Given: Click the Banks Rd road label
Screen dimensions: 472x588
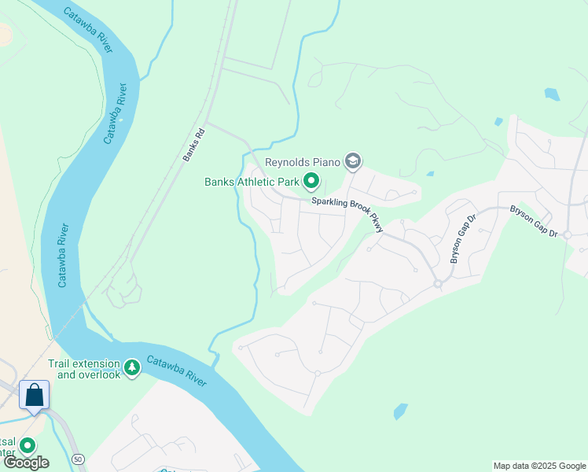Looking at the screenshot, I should coord(193,145).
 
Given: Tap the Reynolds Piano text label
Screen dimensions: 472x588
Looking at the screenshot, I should coord(303,162).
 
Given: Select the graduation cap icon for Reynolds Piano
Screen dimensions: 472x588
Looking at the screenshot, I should coord(353,162).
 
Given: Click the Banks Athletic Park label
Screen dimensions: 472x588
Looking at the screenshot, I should coord(252,182).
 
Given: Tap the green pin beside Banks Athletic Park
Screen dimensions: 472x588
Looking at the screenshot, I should coord(311,182).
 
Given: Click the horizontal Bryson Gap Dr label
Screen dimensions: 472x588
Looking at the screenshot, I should coord(533,222).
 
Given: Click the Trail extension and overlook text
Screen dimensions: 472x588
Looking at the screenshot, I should coord(84,369).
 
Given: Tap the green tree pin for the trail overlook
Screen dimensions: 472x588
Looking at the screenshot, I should coord(133,368).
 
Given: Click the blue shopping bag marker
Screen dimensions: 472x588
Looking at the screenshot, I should coord(35,394).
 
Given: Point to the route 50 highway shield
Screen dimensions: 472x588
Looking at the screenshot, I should coord(77,458).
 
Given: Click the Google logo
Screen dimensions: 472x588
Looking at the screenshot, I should coord(26,463).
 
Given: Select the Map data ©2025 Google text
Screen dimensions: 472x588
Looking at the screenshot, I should coord(539,466).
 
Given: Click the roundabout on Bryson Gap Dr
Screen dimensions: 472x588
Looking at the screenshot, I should coord(437,283).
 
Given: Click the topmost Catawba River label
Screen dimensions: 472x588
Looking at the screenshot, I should coord(89,31).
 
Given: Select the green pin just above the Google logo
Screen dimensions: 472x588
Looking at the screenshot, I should coord(28,446).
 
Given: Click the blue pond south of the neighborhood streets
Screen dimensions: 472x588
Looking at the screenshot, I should coord(401,411).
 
